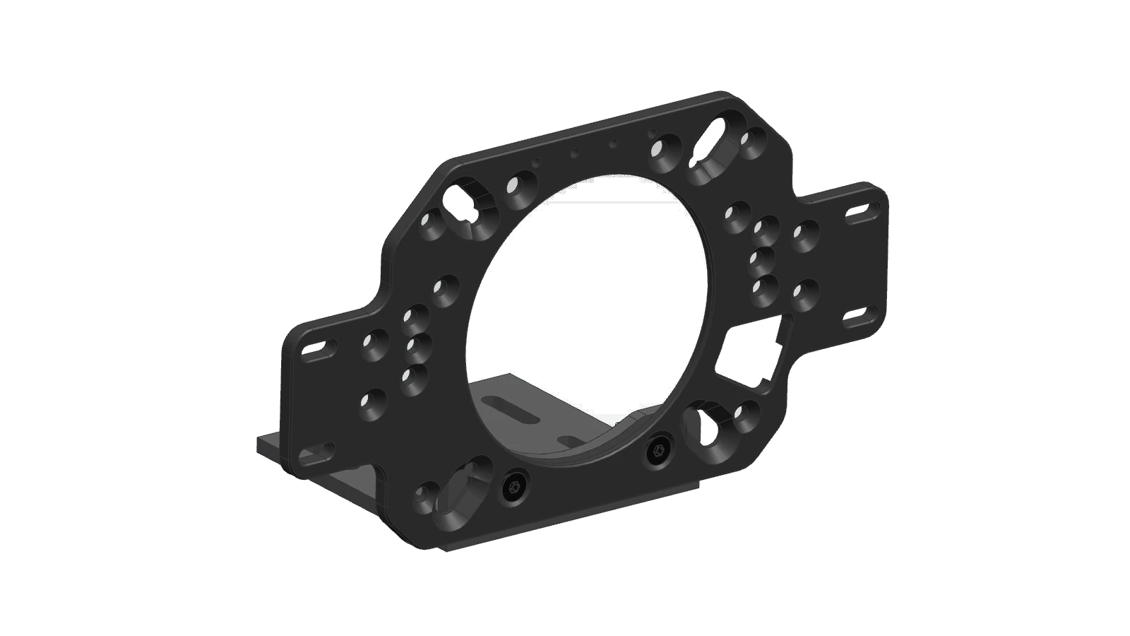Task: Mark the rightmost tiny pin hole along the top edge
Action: click(x=651, y=132)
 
